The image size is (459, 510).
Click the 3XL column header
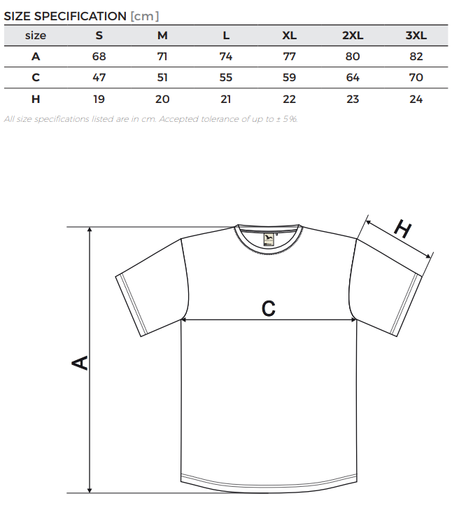[416, 35]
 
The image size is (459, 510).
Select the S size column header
[99, 35]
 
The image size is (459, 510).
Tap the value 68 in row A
[99, 56]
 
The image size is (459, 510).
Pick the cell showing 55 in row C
[226, 77]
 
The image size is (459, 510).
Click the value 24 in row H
[416, 99]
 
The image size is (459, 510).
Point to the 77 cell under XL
[289, 56]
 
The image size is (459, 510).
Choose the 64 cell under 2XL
[353, 77]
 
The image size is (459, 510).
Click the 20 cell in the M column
[162, 99]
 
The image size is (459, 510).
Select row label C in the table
[36, 77]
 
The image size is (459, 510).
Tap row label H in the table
[36, 99]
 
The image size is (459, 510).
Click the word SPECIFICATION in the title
[80, 16]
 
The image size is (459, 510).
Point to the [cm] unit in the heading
[145, 16]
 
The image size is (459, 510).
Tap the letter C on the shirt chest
[269, 308]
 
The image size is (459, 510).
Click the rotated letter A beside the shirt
[80, 363]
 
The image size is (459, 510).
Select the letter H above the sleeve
[403, 228]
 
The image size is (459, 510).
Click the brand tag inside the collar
[269, 239]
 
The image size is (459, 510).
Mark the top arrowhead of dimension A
[90, 230]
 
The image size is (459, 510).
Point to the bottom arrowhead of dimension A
[90, 490]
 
